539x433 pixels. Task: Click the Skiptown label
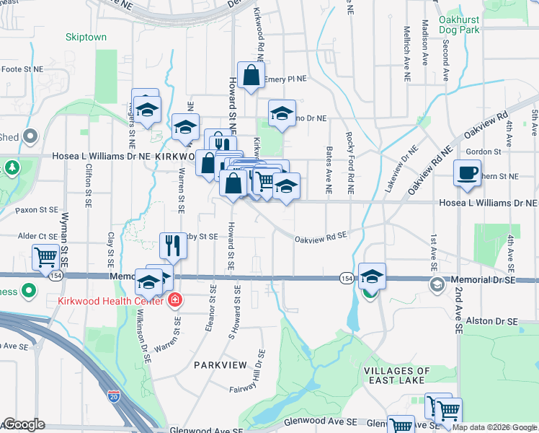pos(86,37)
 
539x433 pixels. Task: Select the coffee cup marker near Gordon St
pos(467,173)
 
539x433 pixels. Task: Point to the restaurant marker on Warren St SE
pos(173,245)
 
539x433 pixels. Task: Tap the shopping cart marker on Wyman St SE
pos(45,256)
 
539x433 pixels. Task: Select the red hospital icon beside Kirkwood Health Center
pos(174,299)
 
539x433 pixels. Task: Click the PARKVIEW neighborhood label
pos(220,365)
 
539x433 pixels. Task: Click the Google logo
pos(24,424)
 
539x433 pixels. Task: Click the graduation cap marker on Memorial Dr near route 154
pos(372,276)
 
